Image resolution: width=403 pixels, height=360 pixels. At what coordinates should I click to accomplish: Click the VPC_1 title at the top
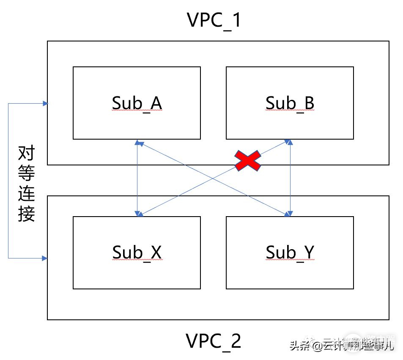point(214,20)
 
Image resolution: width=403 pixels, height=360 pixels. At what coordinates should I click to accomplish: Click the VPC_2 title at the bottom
point(214,341)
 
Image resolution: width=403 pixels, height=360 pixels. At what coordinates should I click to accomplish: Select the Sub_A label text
point(137,103)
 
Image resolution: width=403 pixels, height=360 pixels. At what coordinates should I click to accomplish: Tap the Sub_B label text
point(290,103)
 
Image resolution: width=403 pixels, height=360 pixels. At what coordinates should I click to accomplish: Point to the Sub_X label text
point(137,252)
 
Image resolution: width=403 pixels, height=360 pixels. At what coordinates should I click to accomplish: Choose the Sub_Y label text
point(290,252)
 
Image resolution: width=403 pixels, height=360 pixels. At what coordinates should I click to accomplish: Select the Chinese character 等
point(26,174)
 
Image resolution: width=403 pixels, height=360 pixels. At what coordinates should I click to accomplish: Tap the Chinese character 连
point(26,194)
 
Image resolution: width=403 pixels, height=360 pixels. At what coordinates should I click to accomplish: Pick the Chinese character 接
point(26,214)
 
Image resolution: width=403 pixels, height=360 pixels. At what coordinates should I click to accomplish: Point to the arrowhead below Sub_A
point(137,143)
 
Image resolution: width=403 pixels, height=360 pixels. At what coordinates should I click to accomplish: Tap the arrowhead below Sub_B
point(290,143)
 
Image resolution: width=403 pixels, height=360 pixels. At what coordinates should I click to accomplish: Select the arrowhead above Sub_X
point(137,213)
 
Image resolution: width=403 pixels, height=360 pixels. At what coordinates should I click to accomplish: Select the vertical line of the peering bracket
point(8,180)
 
